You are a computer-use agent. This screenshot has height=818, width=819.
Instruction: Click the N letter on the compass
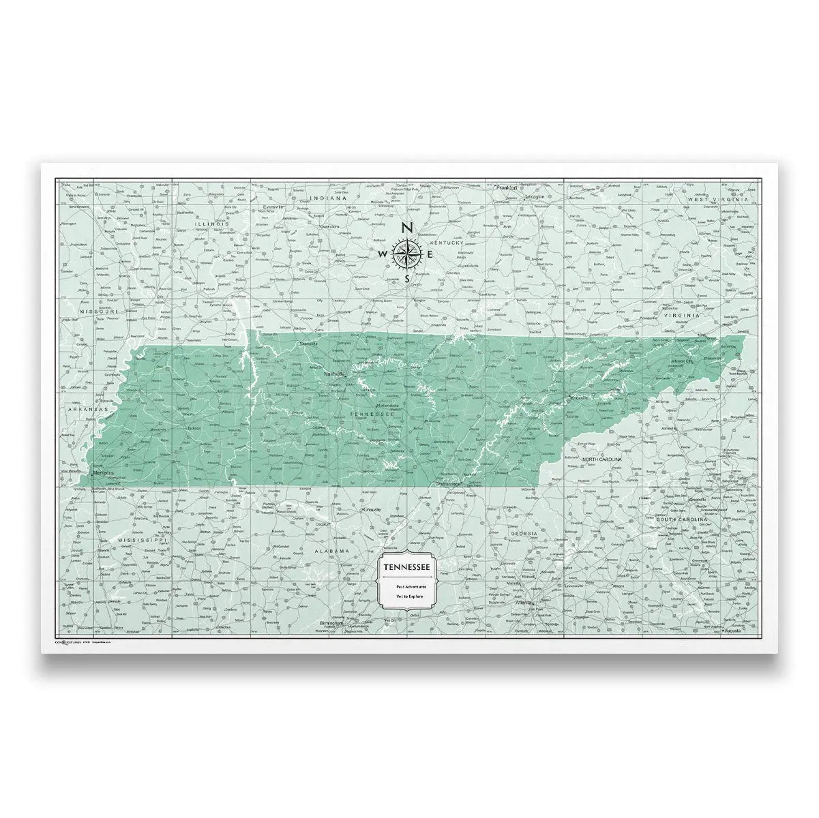click(x=406, y=228)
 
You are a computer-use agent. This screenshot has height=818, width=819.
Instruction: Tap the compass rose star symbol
click(x=406, y=254)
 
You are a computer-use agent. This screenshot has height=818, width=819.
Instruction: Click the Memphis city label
click(x=104, y=472)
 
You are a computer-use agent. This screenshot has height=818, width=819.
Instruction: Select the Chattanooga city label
click(x=449, y=483)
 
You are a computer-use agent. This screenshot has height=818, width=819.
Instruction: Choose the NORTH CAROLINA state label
click(x=602, y=460)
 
